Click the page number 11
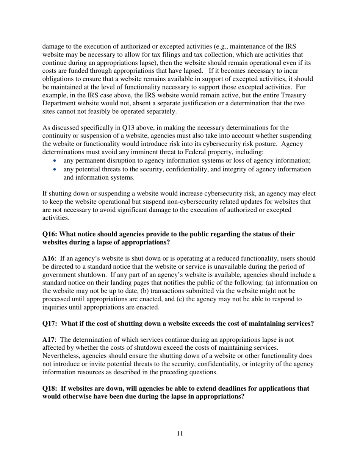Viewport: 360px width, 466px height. (180, 434)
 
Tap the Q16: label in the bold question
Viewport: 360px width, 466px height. (50, 234)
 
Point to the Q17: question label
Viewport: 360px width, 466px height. (50, 324)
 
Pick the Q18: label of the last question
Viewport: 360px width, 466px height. (50, 389)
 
